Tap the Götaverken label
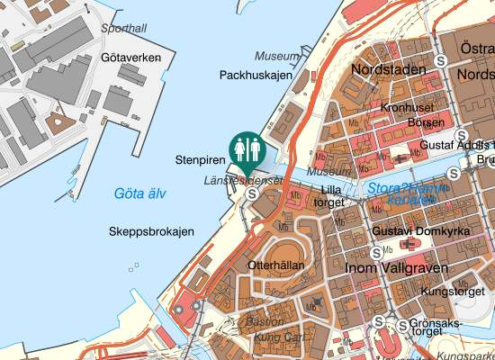(x=131, y=58)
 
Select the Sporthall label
(x=123, y=29)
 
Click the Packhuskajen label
(x=256, y=76)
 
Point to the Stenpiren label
(x=200, y=160)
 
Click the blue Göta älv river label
(x=140, y=193)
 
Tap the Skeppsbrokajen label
(x=151, y=232)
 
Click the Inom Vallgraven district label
(x=389, y=267)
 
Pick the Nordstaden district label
(x=387, y=69)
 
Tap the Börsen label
(x=425, y=122)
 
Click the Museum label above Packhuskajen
(x=275, y=56)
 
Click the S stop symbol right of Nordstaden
(x=441, y=59)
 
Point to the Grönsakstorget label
(x=435, y=327)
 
